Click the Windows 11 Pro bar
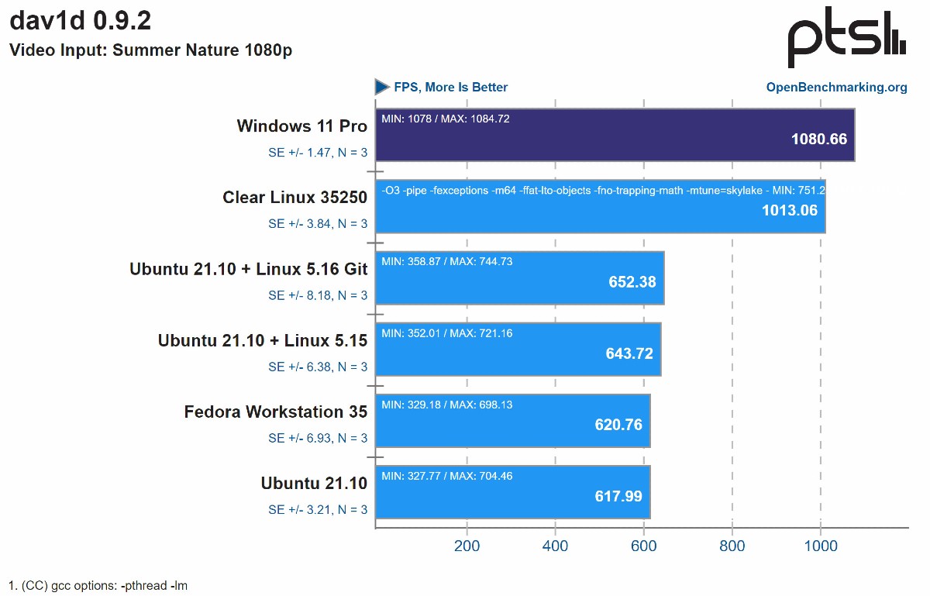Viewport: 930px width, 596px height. tap(615, 135)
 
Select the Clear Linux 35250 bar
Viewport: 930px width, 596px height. tap(601, 206)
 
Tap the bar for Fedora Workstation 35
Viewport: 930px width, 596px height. tap(512, 421)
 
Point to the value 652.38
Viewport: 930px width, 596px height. tap(632, 282)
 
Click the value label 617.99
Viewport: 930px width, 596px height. tap(618, 496)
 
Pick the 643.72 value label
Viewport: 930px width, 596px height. tap(629, 353)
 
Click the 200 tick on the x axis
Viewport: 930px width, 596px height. tap(467, 546)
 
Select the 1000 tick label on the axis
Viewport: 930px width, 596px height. tap(821, 546)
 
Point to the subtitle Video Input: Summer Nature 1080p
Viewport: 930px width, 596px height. tap(150, 50)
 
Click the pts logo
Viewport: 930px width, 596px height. tap(846, 40)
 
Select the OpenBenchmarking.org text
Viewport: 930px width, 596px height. tap(836, 87)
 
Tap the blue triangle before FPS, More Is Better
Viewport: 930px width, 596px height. tap(382, 87)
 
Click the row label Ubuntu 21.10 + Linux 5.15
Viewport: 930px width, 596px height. tap(262, 340)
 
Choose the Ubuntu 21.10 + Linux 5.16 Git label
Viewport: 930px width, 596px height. tap(248, 269)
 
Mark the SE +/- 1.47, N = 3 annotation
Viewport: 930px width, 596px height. tap(318, 153)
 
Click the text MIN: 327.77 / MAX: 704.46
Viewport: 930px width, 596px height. tap(447, 476)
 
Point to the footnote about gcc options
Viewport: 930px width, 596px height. tap(98, 585)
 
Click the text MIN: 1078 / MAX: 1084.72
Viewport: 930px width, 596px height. tap(446, 119)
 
